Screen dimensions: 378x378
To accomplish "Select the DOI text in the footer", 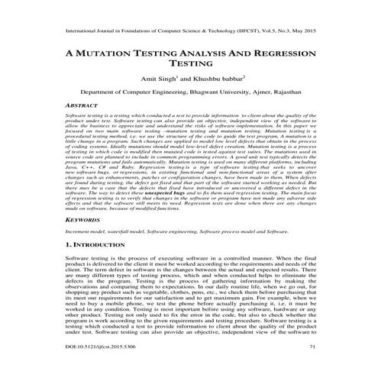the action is point(84,368).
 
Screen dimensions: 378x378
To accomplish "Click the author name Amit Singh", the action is point(153,78).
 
